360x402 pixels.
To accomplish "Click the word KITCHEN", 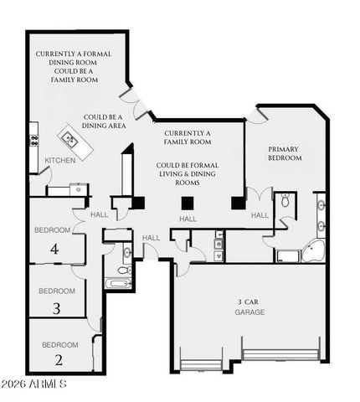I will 59,160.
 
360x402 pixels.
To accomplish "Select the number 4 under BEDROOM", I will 55,249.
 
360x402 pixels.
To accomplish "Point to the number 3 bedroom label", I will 56,308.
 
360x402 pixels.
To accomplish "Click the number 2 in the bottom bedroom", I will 59,361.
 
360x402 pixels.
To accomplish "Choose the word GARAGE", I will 249,312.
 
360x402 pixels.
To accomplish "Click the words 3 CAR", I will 249,301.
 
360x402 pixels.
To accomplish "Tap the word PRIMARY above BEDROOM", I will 283,149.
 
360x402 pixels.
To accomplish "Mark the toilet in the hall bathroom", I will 122,269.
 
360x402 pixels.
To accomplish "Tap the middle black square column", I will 188,202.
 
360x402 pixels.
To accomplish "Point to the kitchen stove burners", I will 33,135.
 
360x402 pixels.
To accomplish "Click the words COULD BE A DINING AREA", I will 104,122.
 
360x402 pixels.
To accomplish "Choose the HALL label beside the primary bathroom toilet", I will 260,215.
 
